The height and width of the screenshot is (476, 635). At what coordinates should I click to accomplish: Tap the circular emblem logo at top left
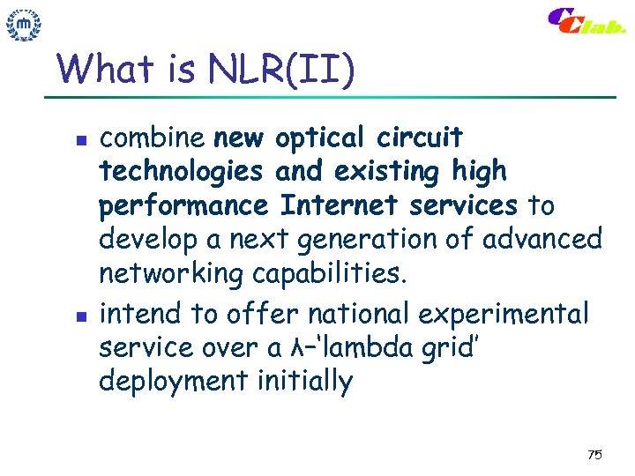(24, 26)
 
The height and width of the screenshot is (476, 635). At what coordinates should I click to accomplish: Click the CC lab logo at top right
(586, 21)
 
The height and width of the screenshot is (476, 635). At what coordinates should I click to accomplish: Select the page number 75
(594, 455)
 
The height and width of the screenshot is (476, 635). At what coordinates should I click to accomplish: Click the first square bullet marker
(80, 139)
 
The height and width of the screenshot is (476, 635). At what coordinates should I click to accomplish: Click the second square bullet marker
(80, 315)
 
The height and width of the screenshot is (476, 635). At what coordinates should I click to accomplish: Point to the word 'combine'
(152, 138)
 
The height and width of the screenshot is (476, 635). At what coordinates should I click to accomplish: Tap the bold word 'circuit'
(419, 138)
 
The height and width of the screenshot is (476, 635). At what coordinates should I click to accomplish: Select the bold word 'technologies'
(181, 172)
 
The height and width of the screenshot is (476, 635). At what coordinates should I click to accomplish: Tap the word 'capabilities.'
(331, 275)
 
